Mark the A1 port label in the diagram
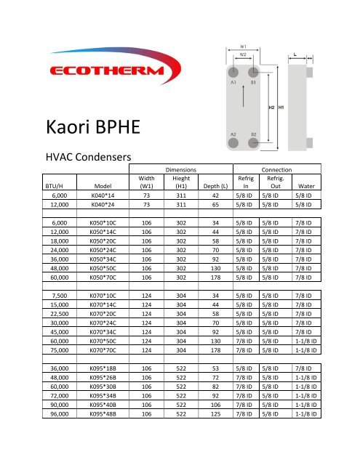(x=233, y=83)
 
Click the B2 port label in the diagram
(x=252, y=135)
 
